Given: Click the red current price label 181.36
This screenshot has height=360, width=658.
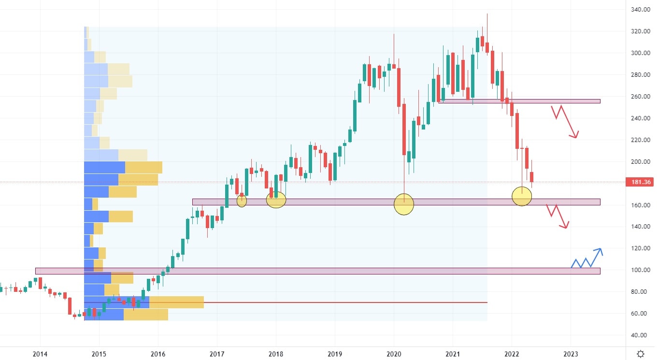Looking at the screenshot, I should [x=639, y=182].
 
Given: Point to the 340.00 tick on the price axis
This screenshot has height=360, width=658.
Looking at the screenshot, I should [x=639, y=10].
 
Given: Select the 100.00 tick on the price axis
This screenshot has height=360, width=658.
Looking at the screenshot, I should [x=639, y=270].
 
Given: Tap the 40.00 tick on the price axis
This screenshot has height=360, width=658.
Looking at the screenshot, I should [x=639, y=335].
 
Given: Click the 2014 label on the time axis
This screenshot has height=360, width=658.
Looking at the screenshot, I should [x=40, y=353].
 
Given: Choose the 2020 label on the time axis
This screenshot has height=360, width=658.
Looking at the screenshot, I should [x=394, y=353].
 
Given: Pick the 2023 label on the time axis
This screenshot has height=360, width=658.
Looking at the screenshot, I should [x=571, y=353].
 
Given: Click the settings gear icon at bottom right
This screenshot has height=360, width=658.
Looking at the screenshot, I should [x=640, y=353].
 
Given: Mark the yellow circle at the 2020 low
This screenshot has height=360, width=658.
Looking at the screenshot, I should [x=404, y=204].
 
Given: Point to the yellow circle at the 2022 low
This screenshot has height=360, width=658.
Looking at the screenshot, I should [x=522, y=196].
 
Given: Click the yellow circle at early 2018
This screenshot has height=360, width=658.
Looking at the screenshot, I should [x=276, y=199].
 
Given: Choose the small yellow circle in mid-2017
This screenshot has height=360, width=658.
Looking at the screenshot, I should [x=242, y=200].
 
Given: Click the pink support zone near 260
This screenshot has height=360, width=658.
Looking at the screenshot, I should [x=519, y=101].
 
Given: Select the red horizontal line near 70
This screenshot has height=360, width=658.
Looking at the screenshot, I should [x=338, y=302].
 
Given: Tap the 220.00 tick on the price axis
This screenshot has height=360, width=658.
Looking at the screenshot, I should [x=639, y=140].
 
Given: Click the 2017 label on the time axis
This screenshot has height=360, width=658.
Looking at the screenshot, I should [x=217, y=353].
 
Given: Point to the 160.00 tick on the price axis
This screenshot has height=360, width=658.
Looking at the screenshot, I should [x=639, y=205].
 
